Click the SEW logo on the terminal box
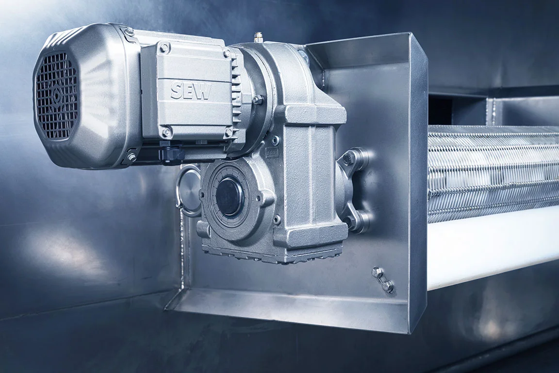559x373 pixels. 191,91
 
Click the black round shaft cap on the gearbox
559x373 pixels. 229,196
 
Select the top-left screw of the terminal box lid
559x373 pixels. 165,48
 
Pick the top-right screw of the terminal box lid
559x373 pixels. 227,54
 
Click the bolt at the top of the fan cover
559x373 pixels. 129,32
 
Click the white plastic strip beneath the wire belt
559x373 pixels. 490,248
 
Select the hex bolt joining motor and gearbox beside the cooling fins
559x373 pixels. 257,100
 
